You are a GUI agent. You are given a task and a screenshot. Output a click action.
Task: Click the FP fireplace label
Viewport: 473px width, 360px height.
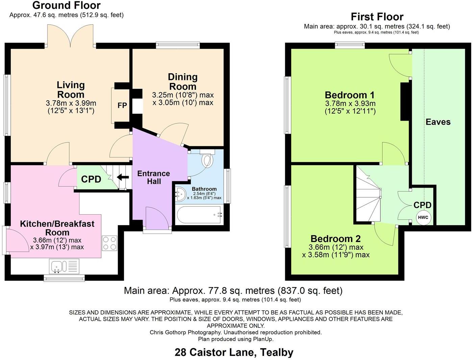tap(122, 105)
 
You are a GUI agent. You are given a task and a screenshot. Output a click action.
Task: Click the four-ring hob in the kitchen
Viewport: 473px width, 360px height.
tap(109, 243)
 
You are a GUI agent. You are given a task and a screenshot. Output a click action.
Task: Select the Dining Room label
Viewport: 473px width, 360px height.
tap(183, 81)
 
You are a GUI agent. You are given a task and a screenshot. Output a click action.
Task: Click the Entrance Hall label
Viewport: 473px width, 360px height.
tap(153, 177)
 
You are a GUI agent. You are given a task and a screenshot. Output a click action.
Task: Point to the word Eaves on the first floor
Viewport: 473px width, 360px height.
tap(438, 122)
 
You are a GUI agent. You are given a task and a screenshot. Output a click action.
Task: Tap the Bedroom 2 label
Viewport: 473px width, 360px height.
tap(335, 239)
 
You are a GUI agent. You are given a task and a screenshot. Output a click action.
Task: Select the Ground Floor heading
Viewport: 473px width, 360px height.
tap(66, 5)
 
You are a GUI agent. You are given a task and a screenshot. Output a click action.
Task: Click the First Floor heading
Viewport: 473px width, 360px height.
tap(377, 17)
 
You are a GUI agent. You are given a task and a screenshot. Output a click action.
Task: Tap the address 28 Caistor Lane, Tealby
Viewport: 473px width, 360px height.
tap(234, 352)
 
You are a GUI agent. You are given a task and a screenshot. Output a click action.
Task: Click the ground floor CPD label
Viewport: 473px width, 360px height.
tap(91, 179)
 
